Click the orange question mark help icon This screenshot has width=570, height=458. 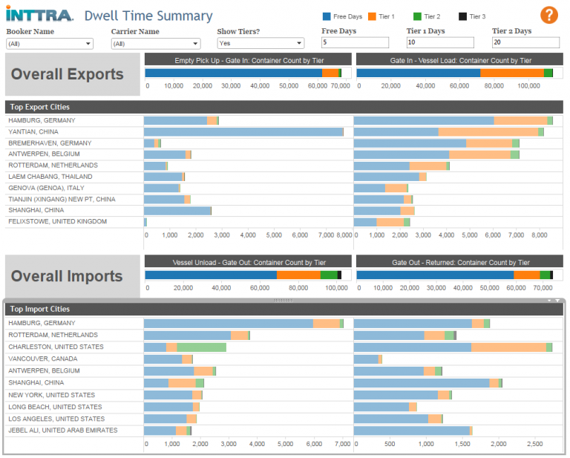(548, 15)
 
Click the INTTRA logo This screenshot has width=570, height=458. (39, 16)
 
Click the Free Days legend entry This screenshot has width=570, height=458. (342, 16)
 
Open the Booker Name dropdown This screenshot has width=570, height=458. (50, 44)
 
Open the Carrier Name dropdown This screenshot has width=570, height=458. (155, 44)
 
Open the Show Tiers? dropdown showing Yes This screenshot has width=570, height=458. (260, 44)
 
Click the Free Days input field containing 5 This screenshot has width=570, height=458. (355, 43)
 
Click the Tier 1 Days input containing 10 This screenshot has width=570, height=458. (440, 43)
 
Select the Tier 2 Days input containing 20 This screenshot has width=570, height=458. (525, 43)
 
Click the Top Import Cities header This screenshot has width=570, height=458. (40, 309)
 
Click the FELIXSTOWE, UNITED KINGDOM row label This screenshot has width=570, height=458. (57, 221)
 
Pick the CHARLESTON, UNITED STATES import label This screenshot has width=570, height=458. (56, 347)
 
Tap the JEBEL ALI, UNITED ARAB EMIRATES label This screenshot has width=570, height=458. (62, 431)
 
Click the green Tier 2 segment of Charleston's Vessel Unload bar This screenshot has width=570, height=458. (201, 347)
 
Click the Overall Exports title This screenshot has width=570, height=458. (68, 74)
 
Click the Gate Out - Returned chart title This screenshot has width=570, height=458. (460, 262)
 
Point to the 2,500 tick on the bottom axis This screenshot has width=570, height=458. (534, 443)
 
